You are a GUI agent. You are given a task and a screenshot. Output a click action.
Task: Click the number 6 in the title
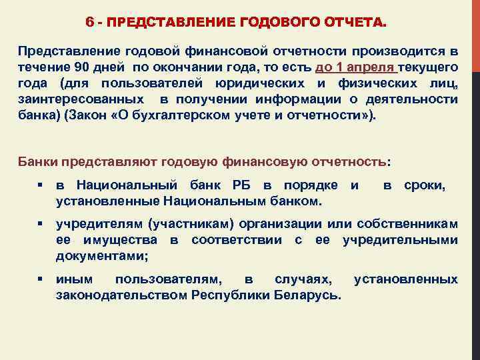(89, 23)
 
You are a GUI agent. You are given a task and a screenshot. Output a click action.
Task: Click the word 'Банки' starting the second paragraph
(39, 161)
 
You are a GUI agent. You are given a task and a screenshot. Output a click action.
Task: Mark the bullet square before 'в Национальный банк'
(40, 185)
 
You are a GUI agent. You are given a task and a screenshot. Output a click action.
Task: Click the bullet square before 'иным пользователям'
(40, 279)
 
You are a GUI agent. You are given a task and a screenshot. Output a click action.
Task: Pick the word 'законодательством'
(120, 295)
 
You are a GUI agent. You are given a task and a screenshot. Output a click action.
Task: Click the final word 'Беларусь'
(309, 295)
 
